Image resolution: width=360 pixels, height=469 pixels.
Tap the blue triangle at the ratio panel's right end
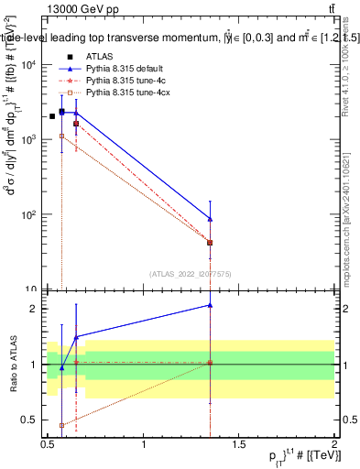coord(211,305)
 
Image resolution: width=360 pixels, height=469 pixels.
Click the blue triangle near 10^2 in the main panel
coord(211,219)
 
